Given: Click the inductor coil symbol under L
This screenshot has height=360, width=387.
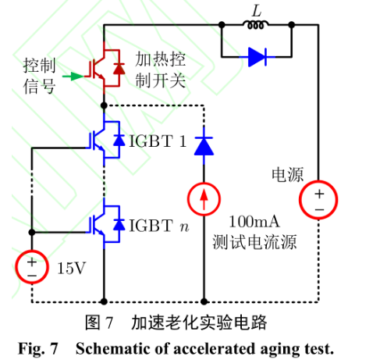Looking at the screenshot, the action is pyautogui.click(x=256, y=25).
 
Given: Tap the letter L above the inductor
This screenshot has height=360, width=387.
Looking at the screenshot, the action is pyautogui.click(x=257, y=11).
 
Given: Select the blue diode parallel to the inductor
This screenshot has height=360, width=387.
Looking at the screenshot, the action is pyautogui.click(x=257, y=57).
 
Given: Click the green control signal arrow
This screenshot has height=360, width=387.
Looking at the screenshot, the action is pyautogui.click(x=73, y=77).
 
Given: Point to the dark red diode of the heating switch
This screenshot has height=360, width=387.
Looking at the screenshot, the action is pyautogui.click(x=119, y=69).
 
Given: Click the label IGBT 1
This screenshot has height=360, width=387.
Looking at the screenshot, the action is pyautogui.click(x=158, y=141).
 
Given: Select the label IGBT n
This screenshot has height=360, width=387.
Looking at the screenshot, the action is pyautogui.click(x=158, y=226).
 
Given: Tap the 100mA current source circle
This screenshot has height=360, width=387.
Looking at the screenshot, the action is pyautogui.click(x=204, y=199).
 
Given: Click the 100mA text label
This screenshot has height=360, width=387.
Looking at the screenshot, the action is pyautogui.click(x=254, y=222).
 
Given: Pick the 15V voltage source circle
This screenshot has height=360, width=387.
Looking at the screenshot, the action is pyautogui.click(x=32, y=267).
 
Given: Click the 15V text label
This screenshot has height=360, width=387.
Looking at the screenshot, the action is pyautogui.click(x=71, y=268).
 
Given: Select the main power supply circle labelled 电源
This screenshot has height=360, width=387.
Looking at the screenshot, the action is pyautogui.click(x=318, y=200).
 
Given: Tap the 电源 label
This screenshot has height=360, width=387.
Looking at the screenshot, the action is pyautogui.click(x=288, y=175).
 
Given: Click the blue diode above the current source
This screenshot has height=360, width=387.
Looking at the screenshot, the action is pyautogui.click(x=204, y=146).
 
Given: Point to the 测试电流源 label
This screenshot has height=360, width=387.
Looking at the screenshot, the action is pyautogui.click(x=254, y=242).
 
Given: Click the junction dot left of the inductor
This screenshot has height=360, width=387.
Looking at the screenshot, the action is pyautogui.click(x=222, y=25).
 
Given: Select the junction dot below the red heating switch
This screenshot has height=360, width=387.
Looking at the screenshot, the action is pyautogui.click(x=104, y=105).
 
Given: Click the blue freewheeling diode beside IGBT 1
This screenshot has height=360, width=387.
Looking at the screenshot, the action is pyautogui.click(x=119, y=141).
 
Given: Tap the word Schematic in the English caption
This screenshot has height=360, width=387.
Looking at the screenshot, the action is pyautogui.click(x=113, y=348).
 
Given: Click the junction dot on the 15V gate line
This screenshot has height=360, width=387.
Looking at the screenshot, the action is pyautogui.click(x=32, y=232).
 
